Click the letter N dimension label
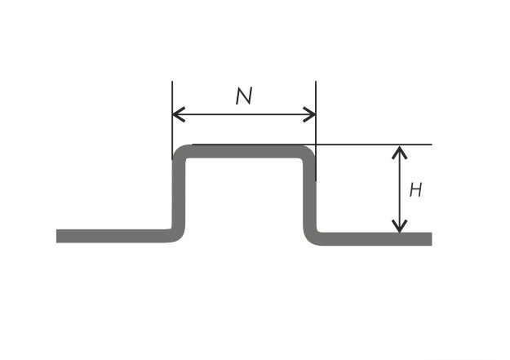[244, 96]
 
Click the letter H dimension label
[415, 189]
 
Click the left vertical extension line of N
[172, 121]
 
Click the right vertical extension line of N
[316, 131]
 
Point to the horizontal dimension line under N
[244, 114]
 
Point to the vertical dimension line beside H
[399, 189]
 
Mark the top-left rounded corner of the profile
[180, 153]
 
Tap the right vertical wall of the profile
[309, 194]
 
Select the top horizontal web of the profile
[244, 152]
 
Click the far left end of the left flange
[57, 236]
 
